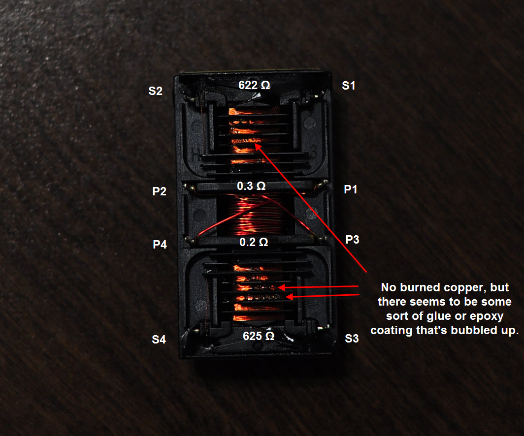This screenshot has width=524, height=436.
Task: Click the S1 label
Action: pyautogui.click(x=349, y=86)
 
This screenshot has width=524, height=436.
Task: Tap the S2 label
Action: pyautogui.click(x=156, y=91)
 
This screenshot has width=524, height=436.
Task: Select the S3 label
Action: pyautogui.click(x=352, y=339)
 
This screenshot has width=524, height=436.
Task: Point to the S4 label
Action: pyautogui.click(x=159, y=339)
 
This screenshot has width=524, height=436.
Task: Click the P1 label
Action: pyautogui.click(x=350, y=189)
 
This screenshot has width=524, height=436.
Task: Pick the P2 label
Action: pyautogui.click(x=159, y=191)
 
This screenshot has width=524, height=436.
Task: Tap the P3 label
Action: pyautogui.click(x=352, y=240)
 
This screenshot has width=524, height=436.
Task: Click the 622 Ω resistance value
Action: pyautogui.click(x=254, y=85)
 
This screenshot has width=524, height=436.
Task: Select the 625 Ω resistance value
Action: pyautogui.click(x=259, y=336)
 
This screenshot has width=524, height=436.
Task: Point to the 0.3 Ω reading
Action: pyautogui.click(x=251, y=186)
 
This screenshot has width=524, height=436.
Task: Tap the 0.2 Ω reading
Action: pyautogui.click(x=254, y=242)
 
